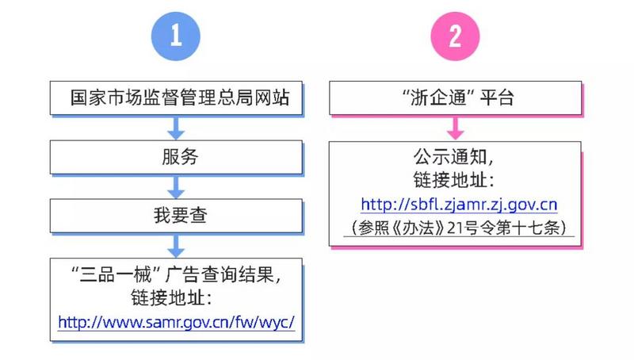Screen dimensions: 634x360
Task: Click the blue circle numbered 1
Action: [175, 36]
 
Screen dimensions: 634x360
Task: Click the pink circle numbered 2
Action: [455, 36]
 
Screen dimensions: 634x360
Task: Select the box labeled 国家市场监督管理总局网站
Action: [176, 98]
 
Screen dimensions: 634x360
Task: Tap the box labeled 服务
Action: [176, 157]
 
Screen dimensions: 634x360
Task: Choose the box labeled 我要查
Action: [176, 216]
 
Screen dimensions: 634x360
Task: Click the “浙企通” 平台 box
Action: [456, 98]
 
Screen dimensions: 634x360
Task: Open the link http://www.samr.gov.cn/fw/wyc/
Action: [176, 323]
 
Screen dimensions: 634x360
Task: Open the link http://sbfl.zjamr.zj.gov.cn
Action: [459, 205]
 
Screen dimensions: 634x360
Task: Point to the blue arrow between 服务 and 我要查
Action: [176, 187]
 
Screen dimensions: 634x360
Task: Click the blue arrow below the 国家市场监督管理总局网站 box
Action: [176, 128]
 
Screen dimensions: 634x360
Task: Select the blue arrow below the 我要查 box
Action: [176, 246]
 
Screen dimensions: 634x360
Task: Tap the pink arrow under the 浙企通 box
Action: [456, 128]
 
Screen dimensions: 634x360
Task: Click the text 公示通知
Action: [450, 157]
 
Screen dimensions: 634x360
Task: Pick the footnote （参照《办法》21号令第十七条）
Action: [459, 228]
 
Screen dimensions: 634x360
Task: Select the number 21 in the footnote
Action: [455, 228]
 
